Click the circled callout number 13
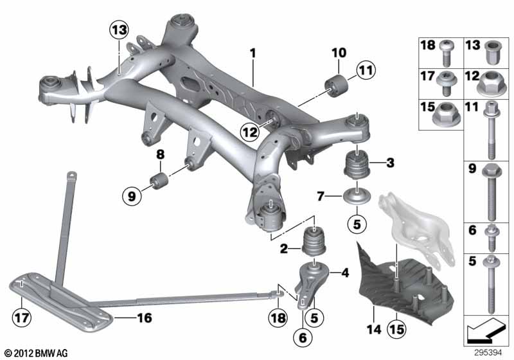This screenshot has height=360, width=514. coord(119,30)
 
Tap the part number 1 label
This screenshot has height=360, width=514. coord(253,53)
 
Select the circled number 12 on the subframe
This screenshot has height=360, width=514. coord(249,132)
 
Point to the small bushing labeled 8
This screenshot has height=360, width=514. coord(159,179)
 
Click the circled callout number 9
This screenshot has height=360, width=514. coord(132,196)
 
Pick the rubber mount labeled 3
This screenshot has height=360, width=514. coord(357,164)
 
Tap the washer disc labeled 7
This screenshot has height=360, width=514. coord(357,195)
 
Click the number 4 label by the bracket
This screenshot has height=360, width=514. coord(345,273)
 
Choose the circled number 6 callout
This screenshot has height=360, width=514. coord(303,337)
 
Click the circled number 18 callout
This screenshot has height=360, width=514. coord(278,318)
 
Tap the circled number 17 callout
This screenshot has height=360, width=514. coord(22,318)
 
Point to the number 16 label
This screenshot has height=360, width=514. coord(145,318)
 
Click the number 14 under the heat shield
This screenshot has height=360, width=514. coord(374,329)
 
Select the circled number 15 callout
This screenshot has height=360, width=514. coord(396,329)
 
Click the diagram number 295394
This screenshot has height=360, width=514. coord(488,353)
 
